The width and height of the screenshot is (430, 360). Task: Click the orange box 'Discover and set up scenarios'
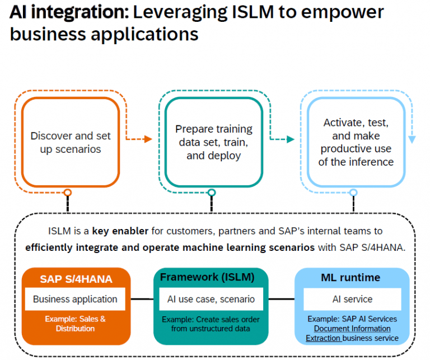(71, 142)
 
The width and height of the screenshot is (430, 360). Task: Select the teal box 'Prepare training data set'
(213, 142)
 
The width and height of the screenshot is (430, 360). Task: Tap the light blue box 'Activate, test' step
(356, 142)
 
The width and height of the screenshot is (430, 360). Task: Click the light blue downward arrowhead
(412, 140)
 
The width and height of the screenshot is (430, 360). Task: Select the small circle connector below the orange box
(68, 193)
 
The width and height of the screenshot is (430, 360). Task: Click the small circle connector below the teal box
(212, 193)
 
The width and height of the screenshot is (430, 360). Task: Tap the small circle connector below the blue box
(353, 193)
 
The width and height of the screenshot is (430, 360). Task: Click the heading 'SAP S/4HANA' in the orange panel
(76, 279)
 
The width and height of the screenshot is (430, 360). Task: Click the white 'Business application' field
(75, 299)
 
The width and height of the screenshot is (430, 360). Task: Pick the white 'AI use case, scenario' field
(211, 299)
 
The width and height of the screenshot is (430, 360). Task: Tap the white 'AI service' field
(352, 299)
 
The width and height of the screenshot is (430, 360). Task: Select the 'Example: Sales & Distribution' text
(75, 324)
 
